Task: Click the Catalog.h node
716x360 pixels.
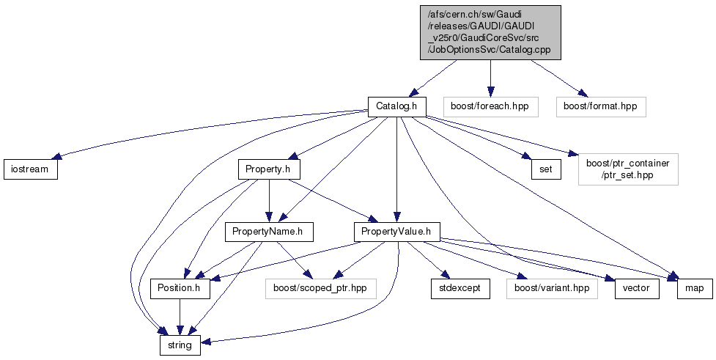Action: click(x=396, y=106)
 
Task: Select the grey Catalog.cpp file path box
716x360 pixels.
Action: click(x=490, y=32)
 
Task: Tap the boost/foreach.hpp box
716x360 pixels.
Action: click(x=490, y=106)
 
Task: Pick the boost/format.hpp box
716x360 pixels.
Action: click(x=600, y=106)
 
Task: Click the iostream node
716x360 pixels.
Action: click(x=30, y=169)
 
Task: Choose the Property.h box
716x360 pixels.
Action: click(x=269, y=169)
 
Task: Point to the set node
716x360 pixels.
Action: click(x=546, y=169)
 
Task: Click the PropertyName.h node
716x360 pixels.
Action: click(x=269, y=232)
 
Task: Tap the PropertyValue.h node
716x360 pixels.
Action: click(x=396, y=232)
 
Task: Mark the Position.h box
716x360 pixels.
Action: click(x=180, y=288)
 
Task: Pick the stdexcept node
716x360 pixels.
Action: click(x=460, y=288)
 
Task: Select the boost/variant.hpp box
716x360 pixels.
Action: click(x=551, y=288)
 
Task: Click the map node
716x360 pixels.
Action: click(x=694, y=288)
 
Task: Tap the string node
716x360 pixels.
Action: click(x=180, y=345)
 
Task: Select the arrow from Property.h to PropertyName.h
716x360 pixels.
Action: click(x=269, y=201)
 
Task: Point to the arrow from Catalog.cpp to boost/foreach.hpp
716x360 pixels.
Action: click(x=490, y=77)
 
